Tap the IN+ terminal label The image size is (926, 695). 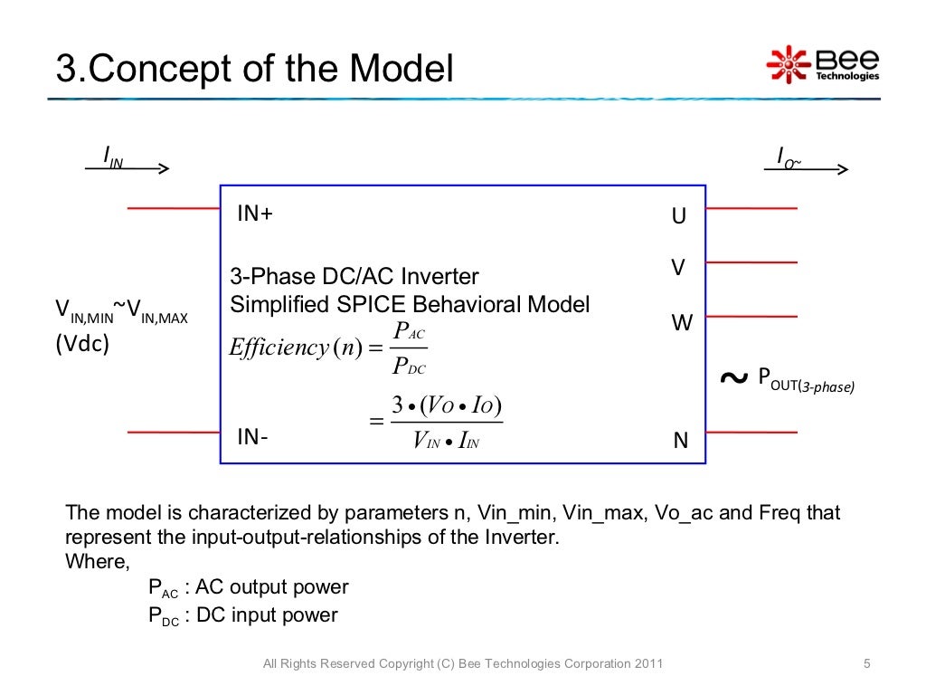click(255, 214)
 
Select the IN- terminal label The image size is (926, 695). click(252, 437)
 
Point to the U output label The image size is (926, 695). click(678, 217)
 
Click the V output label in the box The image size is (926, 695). click(677, 268)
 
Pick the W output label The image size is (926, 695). click(681, 322)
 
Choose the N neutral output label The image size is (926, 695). click(681, 442)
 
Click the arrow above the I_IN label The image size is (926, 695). click(127, 168)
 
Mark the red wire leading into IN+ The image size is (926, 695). click(174, 208)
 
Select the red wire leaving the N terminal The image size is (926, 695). click(751, 432)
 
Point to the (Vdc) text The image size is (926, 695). click(82, 345)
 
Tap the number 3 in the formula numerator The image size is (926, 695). click(397, 405)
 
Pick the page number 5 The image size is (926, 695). click(866, 665)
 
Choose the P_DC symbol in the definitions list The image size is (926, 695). click(164, 617)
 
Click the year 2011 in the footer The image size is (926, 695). click(647, 665)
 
